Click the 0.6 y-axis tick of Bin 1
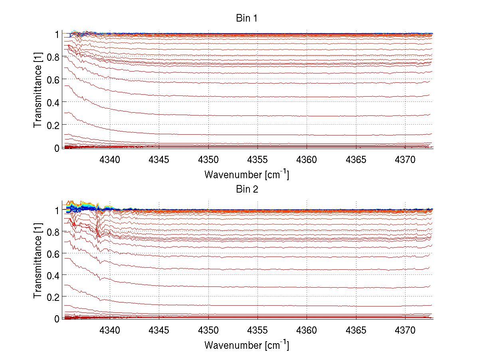pos(53,80)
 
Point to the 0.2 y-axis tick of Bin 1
pos(53,125)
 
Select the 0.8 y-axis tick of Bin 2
pos(53,232)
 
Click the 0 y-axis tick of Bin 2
pos(57,318)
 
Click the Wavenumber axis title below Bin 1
pos(246,174)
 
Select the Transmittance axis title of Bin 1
pos(38,91)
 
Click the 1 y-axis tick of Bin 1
pos(57,34)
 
